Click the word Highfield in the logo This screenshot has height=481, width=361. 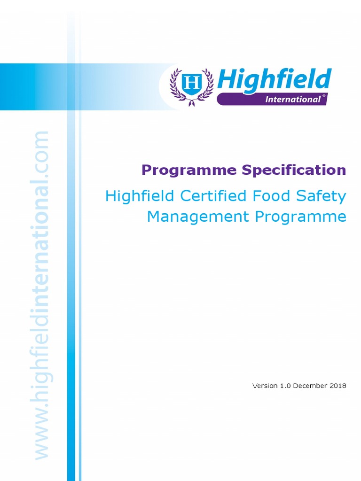pyautogui.click(x=274, y=80)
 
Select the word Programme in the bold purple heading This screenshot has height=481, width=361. pyautogui.click(x=189, y=170)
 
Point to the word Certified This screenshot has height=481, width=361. pyautogui.click(x=212, y=196)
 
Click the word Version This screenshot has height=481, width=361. pyautogui.click(x=265, y=386)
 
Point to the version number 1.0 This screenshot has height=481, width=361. pyautogui.click(x=285, y=386)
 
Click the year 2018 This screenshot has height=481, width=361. pyautogui.click(x=338, y=386)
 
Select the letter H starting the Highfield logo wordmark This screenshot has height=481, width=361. pyautogui.click(x=227, y=80)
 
